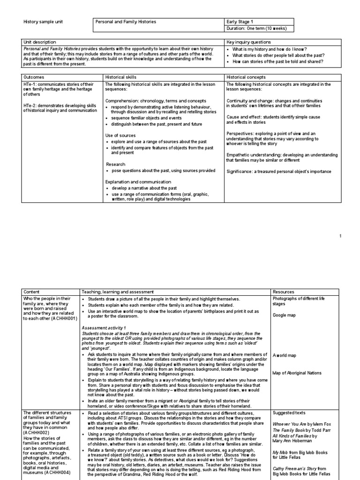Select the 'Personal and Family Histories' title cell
click(x=126, y=22)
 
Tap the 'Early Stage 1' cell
click(x=241, y=22)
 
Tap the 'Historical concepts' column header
click(x=246, y=77)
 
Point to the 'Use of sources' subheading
click(x=120, y=135)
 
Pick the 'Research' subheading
click(x=115, y=165)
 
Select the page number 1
click(x=341, y=236)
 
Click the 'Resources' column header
click(x=284, y=292)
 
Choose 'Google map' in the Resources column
click(x=284, y=315)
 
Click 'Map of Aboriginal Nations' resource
click(x=297, y=373)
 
